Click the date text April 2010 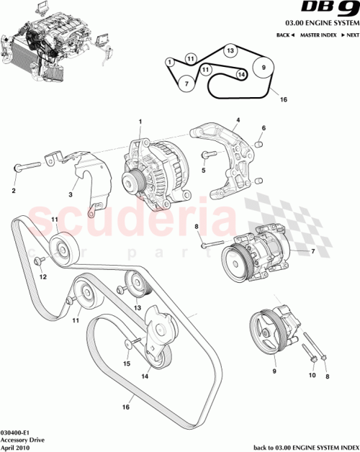point(16,446)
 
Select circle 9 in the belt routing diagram point(264,68)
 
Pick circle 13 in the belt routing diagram point(229,51)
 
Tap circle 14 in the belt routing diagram point(241,73)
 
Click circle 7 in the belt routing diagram point(186,83)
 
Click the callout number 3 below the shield point(71,194)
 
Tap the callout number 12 point(42,276)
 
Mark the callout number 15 point(127,363)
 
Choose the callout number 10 point(312,375)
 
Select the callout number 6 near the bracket point(264,128)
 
